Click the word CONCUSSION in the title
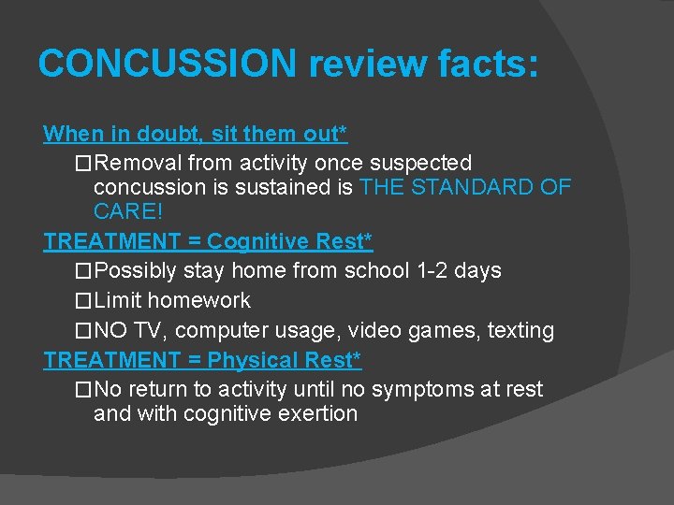coord(168,63)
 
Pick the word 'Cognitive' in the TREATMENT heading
coord(258,241)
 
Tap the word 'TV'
coord(147,331)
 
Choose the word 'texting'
coord(519,331)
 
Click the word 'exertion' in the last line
coord(317,413)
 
